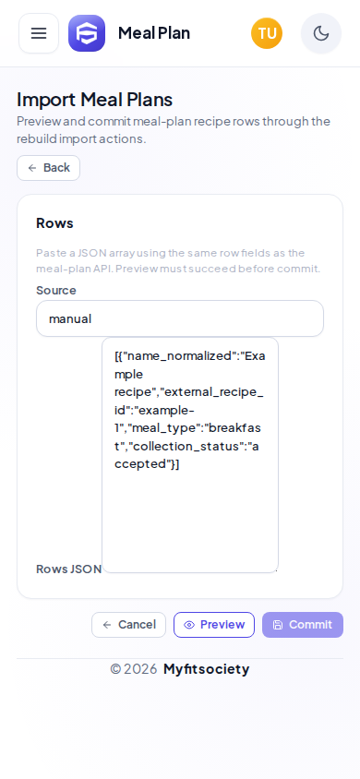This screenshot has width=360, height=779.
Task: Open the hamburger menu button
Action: pos(39,33)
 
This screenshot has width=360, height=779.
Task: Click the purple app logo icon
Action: pos(87,33)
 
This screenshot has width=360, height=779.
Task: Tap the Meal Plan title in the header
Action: pos(154,33)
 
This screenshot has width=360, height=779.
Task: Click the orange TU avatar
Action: pos(267,33)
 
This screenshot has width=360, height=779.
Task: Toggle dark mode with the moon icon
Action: pos(321,33)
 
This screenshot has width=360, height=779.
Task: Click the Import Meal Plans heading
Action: pos(94,100)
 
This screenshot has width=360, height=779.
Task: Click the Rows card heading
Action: pos(54,223)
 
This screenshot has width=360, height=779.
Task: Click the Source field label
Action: pos(56,290)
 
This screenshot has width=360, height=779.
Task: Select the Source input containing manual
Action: pos(180,318)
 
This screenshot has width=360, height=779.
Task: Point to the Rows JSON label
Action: pos(69,569)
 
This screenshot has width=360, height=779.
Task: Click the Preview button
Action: pos(214,625)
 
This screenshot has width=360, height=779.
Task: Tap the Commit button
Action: pos(303,625)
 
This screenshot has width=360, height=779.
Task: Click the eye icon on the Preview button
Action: pos(189,625)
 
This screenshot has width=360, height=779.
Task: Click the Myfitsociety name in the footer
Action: pos(206,669)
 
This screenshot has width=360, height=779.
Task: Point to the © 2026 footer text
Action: pos(134,669)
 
